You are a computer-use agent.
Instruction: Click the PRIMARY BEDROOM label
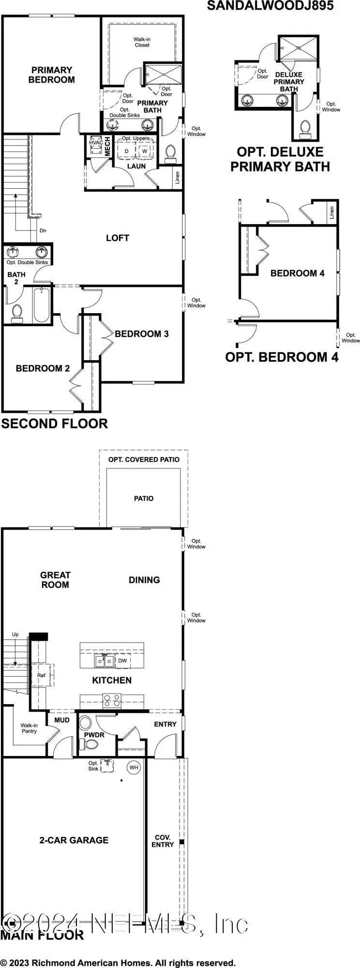(51, 75)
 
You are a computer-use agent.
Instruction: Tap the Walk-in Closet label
(142, 42)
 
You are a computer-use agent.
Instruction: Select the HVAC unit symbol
(94, 146)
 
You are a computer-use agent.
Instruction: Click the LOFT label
(118, 238)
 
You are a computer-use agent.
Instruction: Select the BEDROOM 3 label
(141, 333)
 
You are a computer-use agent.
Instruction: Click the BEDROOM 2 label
(43, 368)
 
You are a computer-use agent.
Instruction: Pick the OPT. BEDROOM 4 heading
(282, 357)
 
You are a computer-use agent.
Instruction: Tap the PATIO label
(144, 498)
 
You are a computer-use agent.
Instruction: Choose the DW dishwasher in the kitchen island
(122, 660)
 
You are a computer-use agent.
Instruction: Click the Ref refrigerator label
(41, 675)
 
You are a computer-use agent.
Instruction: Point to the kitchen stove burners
(112, 700)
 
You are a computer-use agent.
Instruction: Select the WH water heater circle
(134, 767)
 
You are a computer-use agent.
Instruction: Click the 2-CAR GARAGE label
(74, 840)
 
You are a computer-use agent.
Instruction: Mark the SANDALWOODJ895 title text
(270, 6)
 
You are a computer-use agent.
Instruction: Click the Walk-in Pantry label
(29, 728)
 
